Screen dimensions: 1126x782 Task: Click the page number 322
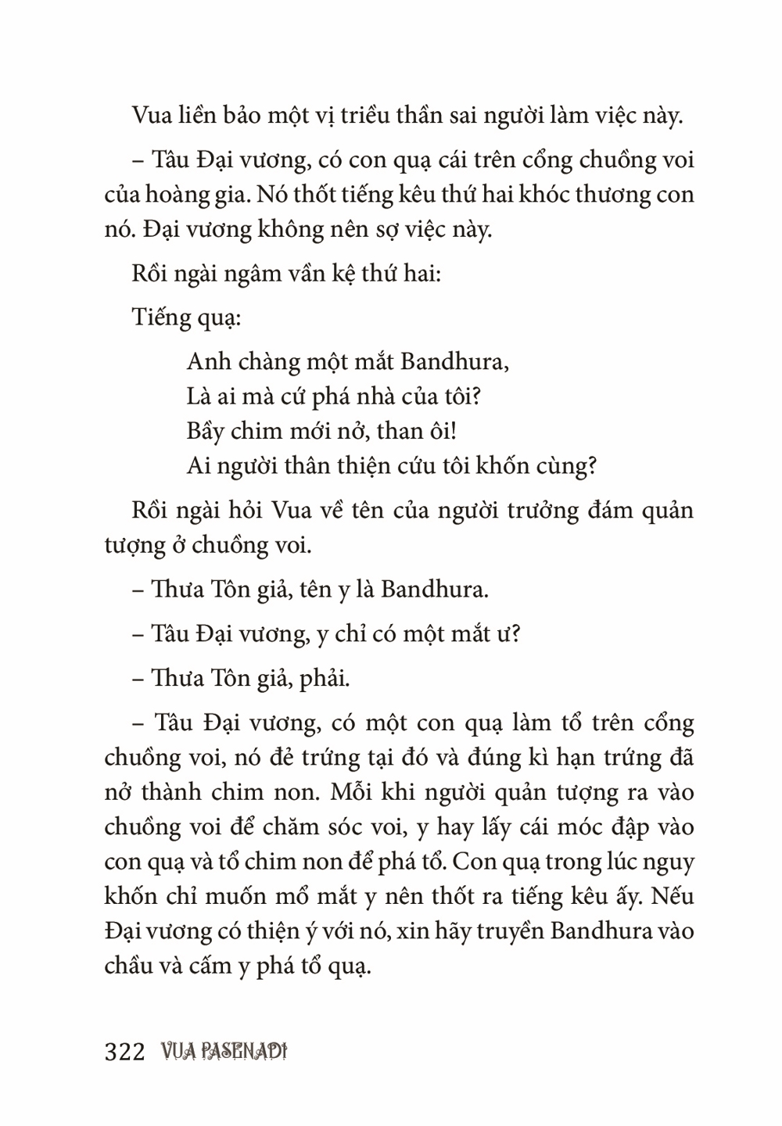pyautogui.click(x=125, y=1051)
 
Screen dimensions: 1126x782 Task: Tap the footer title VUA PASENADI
pyautogui.click(x=221, y=1051)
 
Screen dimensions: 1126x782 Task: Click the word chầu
pyautogui.click(x=129, y=966)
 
